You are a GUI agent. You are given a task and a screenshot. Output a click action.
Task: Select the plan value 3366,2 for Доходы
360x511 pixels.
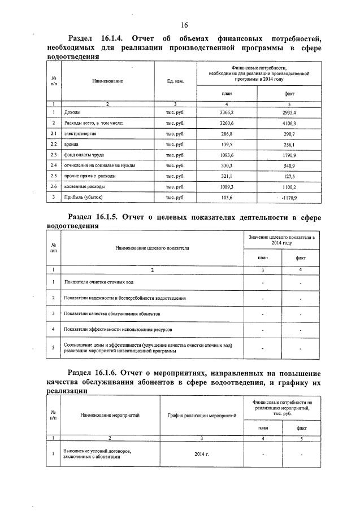pos(226,112)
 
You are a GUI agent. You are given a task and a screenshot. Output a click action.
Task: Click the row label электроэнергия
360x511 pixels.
pos(79,133)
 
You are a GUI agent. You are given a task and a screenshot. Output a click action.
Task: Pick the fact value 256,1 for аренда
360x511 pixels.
pos(289,144)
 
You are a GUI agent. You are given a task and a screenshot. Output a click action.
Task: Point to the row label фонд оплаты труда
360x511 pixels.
pos(84,155)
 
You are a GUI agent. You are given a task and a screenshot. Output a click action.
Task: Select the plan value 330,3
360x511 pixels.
pos(226,165)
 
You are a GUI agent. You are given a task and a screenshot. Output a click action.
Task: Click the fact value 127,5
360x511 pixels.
pos(289,176)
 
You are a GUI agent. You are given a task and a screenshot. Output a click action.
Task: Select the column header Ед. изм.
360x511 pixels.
pos(175,81)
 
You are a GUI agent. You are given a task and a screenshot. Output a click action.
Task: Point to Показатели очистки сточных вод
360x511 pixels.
pos(99,282)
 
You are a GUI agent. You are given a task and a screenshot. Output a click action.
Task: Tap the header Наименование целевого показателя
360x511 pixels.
pos(152,247)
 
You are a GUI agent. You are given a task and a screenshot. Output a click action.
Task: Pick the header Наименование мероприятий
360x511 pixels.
pos(110,415)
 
